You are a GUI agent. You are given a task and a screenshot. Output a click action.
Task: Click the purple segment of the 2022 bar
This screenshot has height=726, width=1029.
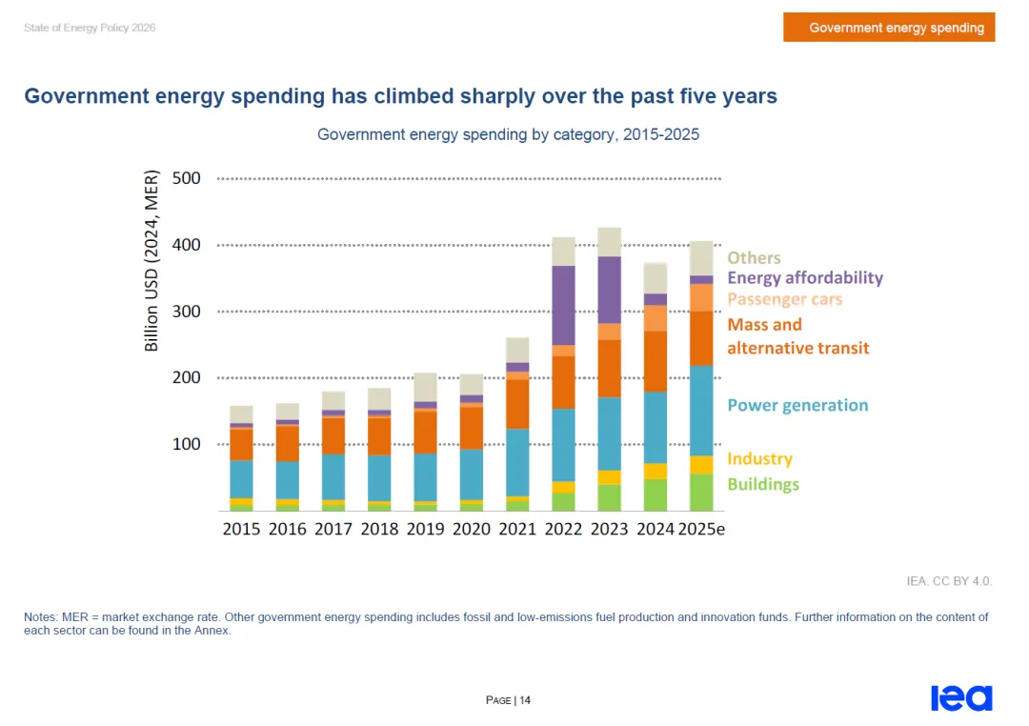coord(563,305)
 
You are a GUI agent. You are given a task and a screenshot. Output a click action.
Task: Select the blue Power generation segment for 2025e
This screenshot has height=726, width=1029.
coord(701,411)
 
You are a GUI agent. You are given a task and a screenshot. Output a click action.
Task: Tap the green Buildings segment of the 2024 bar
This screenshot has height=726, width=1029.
coord(655,494)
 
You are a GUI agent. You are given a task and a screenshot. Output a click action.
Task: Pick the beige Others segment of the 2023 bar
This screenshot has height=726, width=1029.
coord(609,242)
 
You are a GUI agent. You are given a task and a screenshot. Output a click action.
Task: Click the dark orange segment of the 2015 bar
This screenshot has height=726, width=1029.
coord(241,444)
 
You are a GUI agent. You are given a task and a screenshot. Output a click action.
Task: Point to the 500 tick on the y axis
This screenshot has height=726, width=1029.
coord(187,178)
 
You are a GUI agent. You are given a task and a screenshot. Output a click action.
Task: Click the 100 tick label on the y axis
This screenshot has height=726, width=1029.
coord(187,444)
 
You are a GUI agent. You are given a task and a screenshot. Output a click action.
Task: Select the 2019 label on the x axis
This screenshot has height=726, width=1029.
coord(425,529)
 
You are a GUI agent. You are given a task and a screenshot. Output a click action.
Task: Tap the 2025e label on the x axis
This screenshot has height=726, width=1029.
coord(701,529)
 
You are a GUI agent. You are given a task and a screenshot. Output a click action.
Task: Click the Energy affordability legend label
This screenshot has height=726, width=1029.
coord(805,278)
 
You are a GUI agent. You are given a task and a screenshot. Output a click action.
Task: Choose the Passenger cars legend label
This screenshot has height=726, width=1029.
coord(785,299)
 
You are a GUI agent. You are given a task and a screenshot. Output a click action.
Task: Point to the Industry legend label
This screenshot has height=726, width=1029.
coord(760,458)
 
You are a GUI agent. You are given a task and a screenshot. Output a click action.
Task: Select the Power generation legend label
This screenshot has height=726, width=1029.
coord(797,405)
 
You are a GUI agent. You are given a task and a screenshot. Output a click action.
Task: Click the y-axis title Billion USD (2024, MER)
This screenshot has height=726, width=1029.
coord(151,261)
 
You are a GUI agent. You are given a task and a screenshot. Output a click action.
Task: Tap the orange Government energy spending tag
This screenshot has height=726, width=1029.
coord(889,27)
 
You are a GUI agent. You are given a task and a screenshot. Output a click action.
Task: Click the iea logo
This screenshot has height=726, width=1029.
coord(961,697)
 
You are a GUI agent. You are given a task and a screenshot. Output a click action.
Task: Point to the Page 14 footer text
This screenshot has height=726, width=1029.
coord(508,700)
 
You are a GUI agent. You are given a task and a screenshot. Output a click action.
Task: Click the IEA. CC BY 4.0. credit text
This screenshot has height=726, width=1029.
coord(949,581)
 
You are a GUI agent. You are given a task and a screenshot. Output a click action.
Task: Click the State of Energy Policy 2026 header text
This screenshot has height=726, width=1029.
coord(90,28)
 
